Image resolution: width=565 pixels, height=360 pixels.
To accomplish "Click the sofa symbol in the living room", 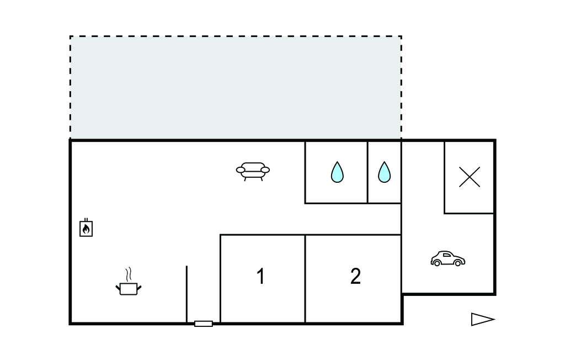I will (253, 171).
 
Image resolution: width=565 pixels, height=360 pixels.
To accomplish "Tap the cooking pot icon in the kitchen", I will (129, 288).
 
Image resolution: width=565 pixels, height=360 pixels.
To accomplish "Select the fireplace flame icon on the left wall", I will (86, 227).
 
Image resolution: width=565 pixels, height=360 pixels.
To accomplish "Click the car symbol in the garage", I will (447, 258).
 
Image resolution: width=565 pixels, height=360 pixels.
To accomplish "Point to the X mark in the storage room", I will (470, 177).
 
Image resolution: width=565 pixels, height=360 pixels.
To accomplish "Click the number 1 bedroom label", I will (260, 276).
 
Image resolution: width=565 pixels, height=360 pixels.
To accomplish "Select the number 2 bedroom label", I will (355, 276).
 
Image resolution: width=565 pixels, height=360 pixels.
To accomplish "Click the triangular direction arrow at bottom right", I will (482, 319).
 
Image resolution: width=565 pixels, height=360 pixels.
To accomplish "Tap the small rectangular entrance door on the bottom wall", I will (204, 324).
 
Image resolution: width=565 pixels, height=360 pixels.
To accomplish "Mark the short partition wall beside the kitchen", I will (186, 293).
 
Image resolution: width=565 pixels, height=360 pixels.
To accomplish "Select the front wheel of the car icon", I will (457, 263).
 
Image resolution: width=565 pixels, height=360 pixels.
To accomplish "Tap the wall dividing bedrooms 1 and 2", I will (305, 278).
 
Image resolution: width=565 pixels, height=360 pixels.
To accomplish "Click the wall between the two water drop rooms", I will (367, 172).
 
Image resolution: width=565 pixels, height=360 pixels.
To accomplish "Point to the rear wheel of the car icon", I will (437, 263).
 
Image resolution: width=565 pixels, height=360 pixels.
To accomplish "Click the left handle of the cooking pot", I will (118, 286).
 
